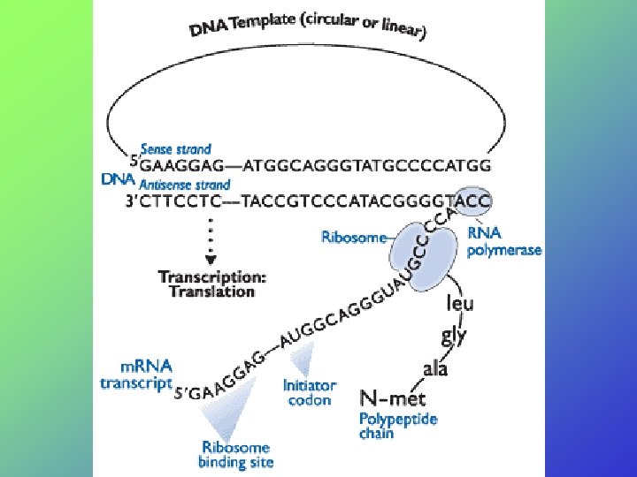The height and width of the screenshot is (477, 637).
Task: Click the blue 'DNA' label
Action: pyautogui.click(x=118, y=179)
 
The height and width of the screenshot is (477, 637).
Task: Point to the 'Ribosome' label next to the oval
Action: pyautogui.click(x=353, y=237)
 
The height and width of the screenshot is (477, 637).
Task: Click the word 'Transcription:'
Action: pyautogui.click(x=211, y=276)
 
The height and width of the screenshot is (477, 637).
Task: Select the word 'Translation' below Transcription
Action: pyautogui.click(x=211, y=292)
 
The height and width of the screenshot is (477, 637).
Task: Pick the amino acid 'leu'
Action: pyautogui.click(x=459, y=304)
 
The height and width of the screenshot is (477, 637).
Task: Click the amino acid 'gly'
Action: pyautogui.click(x=454, y=335)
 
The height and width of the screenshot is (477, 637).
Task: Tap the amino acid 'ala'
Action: pyautogui.click(x=435, y=367)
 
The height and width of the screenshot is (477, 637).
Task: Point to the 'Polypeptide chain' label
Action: pyautogui.click(x=397, y=425)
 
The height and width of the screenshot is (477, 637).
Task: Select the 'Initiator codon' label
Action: pyautogui.click(x=309, y=392)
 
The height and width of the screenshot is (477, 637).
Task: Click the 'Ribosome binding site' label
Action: pyautogui.click(x=236, y=454)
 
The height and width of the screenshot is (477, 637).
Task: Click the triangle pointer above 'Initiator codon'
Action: pyautogui.click(x=303, y=360)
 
